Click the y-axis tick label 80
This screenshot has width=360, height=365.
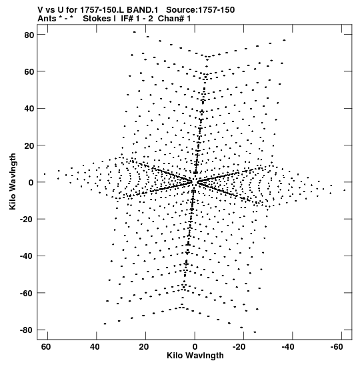(x=29, y=35)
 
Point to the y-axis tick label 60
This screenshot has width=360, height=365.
(x=29, y=71)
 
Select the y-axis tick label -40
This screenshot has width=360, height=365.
(x=27, y=256)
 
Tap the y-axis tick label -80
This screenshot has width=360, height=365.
(x=27, y=330)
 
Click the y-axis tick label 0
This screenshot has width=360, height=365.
(x=31, y=183)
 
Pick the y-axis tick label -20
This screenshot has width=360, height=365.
(x=27, y=220)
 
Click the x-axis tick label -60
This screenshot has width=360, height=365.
(x=337, y=347)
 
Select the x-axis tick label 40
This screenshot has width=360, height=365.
(x=95, y=347)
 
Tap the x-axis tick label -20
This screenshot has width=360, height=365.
(x=239, y=347)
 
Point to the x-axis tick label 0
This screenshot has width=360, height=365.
(x=195, y=347)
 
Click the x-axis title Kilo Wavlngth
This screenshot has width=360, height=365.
(x=195, y=356)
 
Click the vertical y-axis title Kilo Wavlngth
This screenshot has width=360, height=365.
(x=13, y=181)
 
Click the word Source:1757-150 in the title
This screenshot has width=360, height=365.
(x=200, y=10)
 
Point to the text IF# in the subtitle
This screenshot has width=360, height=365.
(x=128, y=19)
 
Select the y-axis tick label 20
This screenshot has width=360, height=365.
(x=29, y=145)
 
